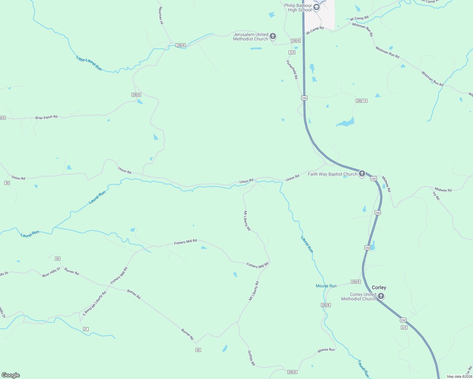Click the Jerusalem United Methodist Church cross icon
pos(273,36)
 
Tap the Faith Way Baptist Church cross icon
pos(362,174)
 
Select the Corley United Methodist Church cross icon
pos(381,296)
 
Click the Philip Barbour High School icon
pos(316,7)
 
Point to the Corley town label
pos(379,287)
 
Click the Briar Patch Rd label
pos(46,117)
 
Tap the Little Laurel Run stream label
pos(89,63)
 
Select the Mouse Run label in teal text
pos(326,286)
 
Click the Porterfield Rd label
pos(292,69)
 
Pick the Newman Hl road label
pos(161,15)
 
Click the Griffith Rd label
pos(251,358)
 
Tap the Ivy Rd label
pos(436,196)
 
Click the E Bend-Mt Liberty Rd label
pos(95,304)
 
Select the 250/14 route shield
pos(361,101)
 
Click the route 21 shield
pos(86,329)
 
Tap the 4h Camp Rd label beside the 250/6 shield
pos(315,30)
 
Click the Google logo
pos(11,375)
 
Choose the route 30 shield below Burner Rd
pos(198,350)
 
